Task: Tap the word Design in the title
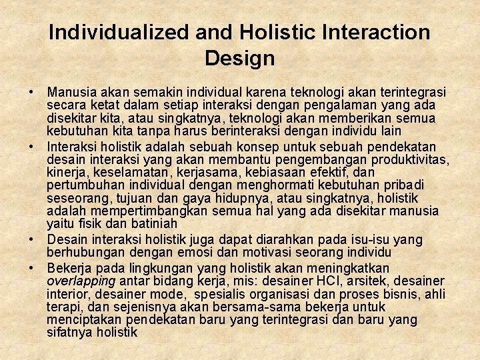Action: click(240, 59)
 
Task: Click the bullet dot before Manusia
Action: click(31, 92)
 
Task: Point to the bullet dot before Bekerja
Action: click(31, 267)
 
